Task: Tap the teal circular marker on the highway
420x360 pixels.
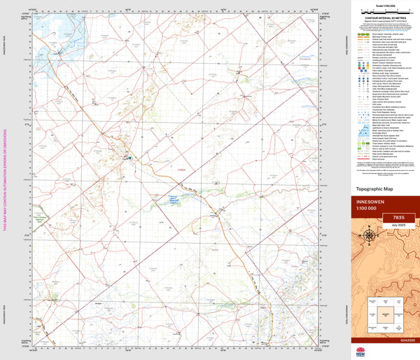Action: (x=129, y=158)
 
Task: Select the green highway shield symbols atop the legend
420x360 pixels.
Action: (x=364, y=33)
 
